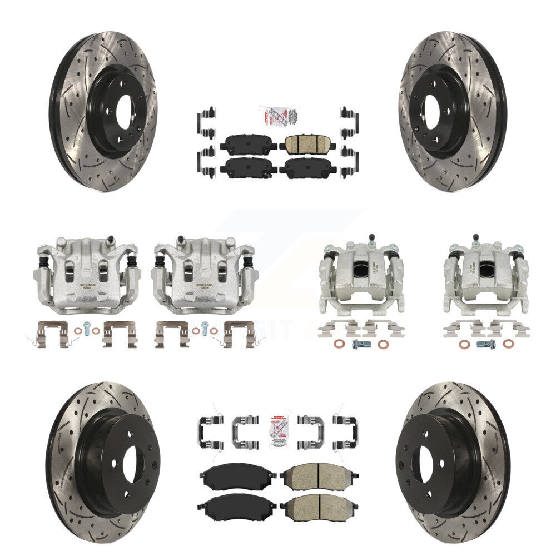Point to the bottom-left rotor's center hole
coord(133,465)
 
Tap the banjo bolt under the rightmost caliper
coord(486,344)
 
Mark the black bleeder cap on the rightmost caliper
coord(476,239)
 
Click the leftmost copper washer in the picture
coord(77,331)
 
